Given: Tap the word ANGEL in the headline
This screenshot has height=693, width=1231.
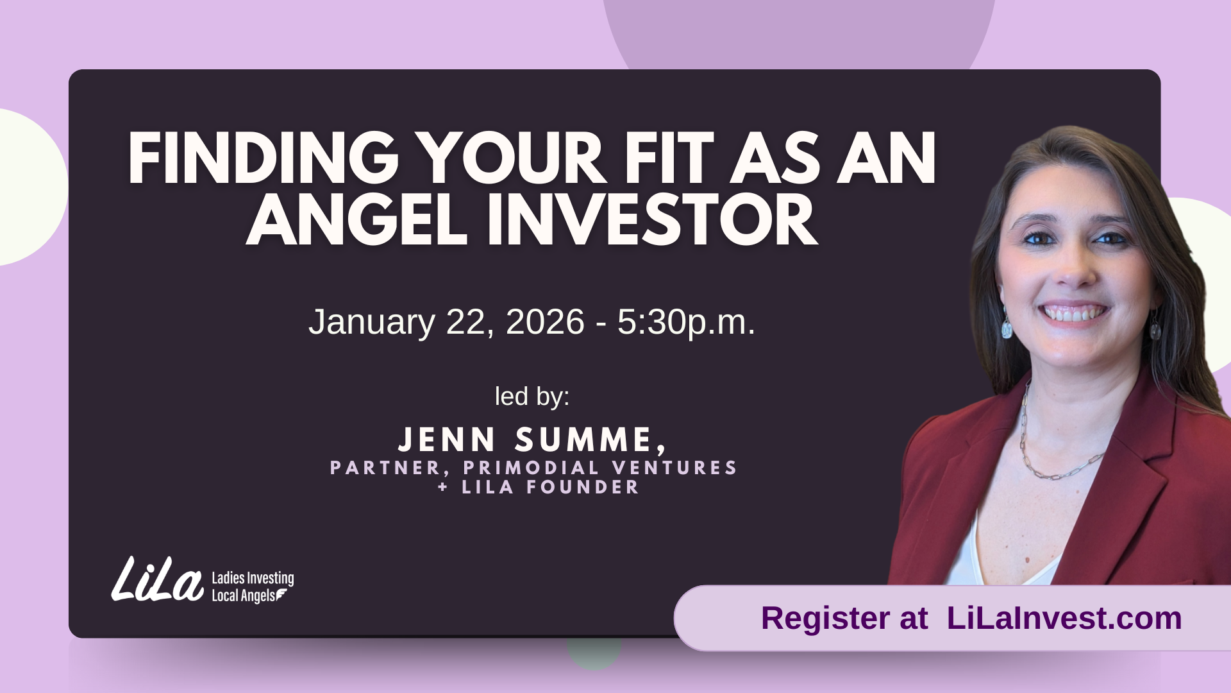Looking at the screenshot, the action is coord(356,220).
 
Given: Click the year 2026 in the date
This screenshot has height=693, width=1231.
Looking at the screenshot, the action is coord(545,321).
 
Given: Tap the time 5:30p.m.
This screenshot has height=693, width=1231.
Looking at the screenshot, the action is coord(686,323).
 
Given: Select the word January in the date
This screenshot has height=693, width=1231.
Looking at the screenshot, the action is coord(371,321).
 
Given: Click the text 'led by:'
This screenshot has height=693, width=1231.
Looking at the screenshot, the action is coord(532,397).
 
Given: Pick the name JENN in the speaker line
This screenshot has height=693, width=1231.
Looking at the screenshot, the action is coord(447,440).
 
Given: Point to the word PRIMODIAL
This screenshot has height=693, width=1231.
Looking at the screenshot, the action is coord(532,467).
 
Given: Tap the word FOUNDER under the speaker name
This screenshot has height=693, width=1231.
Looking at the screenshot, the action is coord(583,487).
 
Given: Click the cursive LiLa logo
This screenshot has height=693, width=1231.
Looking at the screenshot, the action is coord(157,579).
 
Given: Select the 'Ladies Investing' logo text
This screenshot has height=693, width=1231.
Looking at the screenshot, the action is coord(253,578).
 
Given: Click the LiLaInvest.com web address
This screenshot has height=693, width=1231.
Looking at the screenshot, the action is coord(1064,618).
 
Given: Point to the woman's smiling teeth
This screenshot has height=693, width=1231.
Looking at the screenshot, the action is coord(1074,314).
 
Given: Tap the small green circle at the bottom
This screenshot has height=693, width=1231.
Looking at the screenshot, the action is coord(594,653).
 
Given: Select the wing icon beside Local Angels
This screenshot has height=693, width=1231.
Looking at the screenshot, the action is coord(282,596).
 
